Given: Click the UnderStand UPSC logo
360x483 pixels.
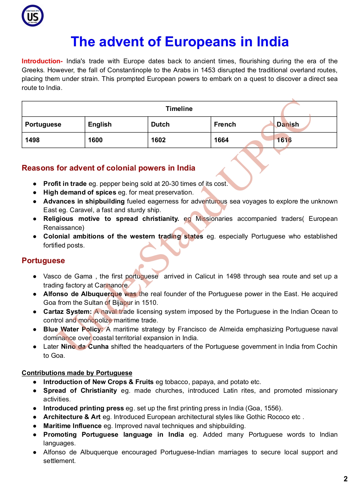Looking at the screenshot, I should point(33,16).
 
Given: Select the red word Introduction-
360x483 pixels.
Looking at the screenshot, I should point(42,61).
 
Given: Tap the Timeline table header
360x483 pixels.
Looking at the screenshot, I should point(179,109).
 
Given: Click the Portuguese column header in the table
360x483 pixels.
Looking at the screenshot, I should point(43,125).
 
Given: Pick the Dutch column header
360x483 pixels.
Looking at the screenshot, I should point(160,125).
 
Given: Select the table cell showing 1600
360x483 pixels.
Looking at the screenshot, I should point(95,140).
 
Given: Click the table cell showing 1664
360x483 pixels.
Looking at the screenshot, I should point(221,140).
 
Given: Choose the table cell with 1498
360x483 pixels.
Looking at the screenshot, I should point(32,140).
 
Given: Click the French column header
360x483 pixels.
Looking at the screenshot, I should point(225,125).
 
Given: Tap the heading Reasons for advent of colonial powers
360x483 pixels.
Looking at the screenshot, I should point(108,168).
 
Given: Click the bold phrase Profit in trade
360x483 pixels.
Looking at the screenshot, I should point(65,184).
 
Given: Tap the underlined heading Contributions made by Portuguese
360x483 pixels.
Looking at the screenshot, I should point(77,373).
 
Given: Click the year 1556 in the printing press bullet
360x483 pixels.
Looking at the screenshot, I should point(271,408).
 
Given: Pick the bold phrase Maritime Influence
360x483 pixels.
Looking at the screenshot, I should point(72,426).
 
